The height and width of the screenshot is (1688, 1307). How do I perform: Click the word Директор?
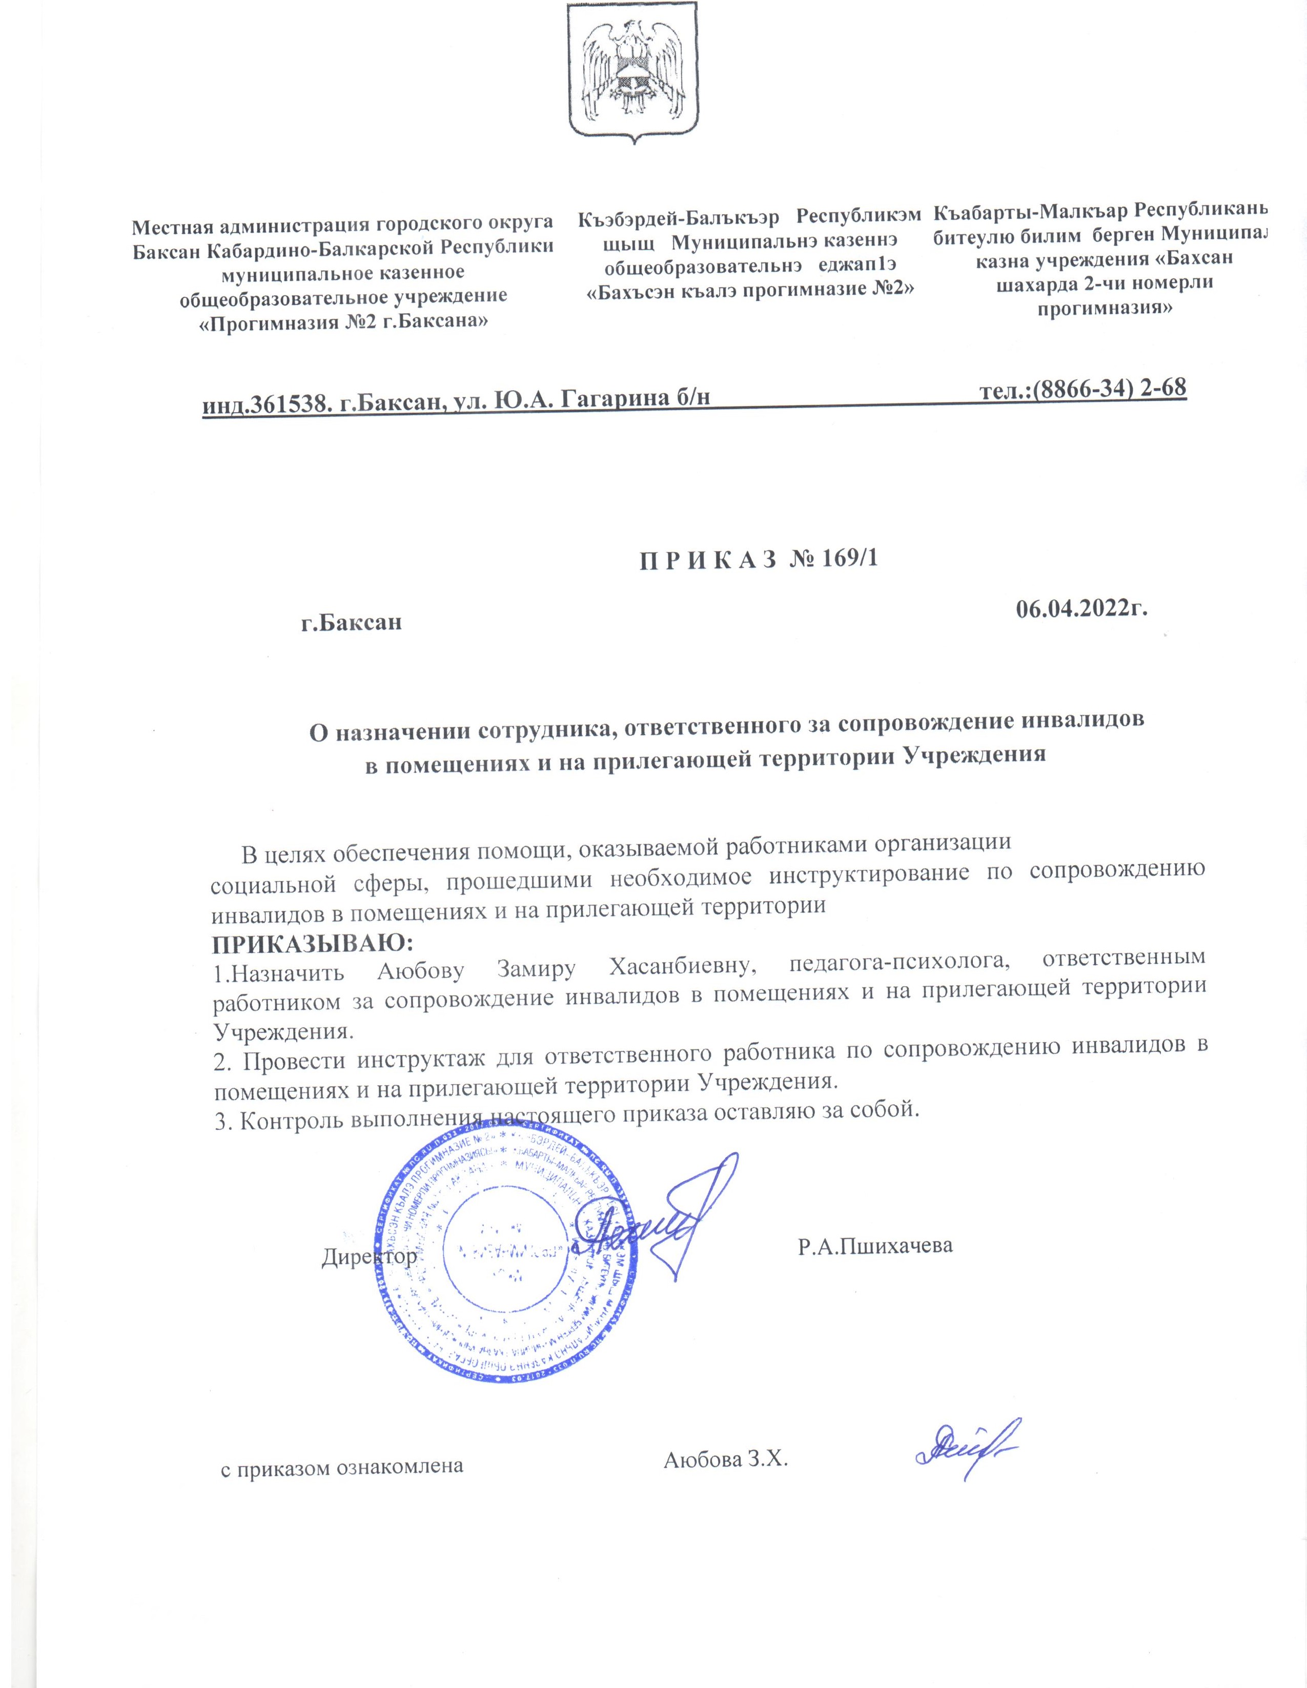(369, 1256)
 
